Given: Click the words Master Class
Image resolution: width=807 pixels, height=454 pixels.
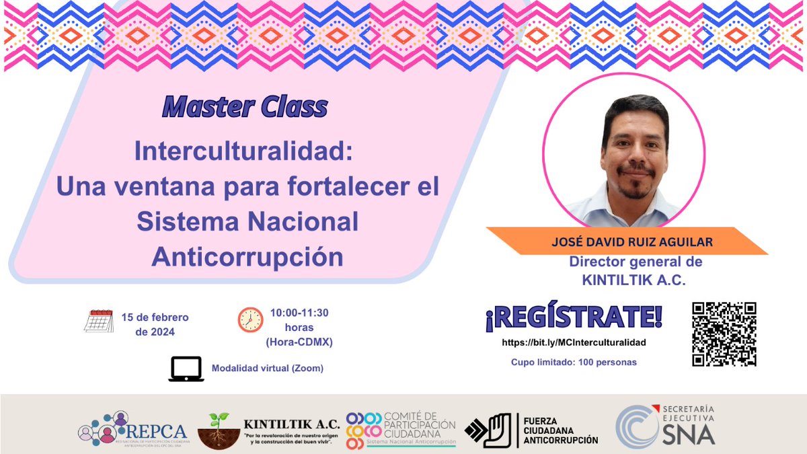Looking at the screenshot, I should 245,106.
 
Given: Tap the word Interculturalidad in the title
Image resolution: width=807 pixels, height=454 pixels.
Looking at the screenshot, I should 243,151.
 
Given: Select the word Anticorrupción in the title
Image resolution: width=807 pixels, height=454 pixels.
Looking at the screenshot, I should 247,256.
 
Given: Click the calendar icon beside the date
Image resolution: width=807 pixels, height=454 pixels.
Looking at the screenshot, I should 99,321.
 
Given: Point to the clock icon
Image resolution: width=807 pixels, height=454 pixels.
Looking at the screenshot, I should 250,319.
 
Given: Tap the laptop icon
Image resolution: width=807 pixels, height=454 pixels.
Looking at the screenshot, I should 186,369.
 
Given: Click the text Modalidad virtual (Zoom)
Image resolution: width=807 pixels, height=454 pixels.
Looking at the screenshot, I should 268,368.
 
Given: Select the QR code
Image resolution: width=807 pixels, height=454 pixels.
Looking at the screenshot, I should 724,334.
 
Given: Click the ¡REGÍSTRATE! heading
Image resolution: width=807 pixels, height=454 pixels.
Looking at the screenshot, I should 574,317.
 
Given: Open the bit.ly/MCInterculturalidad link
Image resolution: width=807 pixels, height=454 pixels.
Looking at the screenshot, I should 574,342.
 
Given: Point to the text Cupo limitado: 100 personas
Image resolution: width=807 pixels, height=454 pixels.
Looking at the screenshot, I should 574,362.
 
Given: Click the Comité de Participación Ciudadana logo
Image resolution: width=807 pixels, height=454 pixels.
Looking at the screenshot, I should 401,429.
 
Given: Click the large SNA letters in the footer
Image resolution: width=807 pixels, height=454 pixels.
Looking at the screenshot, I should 687,434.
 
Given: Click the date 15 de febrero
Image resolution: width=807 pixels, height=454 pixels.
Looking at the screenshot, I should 155,317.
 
